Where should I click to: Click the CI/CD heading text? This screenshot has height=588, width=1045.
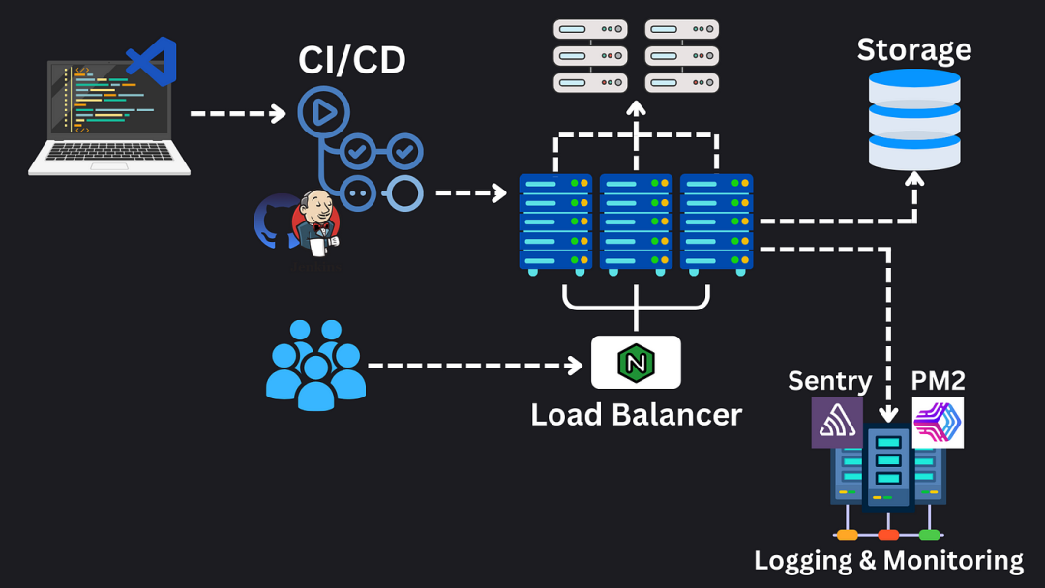pyautogui.click(x=352, y=60)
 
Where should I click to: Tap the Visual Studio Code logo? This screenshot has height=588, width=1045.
pyautogui.click(x=153, y=61)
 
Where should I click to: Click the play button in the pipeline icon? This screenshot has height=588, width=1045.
pyautogui.click(x=324, y=112)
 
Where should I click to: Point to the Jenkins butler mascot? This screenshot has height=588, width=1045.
pyautogui.click(x=316, y=223)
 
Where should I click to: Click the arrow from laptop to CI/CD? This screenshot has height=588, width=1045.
pyautogui.click(x=238, y=114)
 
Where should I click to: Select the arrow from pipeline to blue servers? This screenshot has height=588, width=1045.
pyautogui.click(x=471, y=193)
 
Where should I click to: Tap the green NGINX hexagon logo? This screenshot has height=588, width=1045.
pyautogui.click(x=636, y=363)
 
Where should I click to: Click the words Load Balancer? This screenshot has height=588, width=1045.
pyautogui.click(x=636, y=415)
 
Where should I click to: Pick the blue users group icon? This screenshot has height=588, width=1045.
pyautogui.click(x=315, y=365)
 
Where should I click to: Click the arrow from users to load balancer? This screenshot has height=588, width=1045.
pyautogui.click(x=475, y=366)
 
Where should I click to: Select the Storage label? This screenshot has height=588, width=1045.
pyautogui.click(x=913, y=50)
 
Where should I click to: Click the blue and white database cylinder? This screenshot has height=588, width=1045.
pyautogui.click(x=914, y=120)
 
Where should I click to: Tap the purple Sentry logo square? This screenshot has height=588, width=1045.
pyautogui.click(x=837, y=423)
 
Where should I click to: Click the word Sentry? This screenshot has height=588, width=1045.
pyautogui.click(x=830, y=382)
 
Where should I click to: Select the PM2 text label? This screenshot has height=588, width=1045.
pyautogui.click(x=938, y=381)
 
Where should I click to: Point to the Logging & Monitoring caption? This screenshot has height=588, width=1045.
pyautogui.click(x=888, y=561)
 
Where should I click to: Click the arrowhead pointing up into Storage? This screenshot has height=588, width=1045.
pyautogui.click(x=914, y=178)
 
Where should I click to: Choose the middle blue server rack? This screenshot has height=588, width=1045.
pyautogui.click(x=636, y=224)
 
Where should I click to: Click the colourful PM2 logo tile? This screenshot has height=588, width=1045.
pyautogui.click(x=938, y=423)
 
